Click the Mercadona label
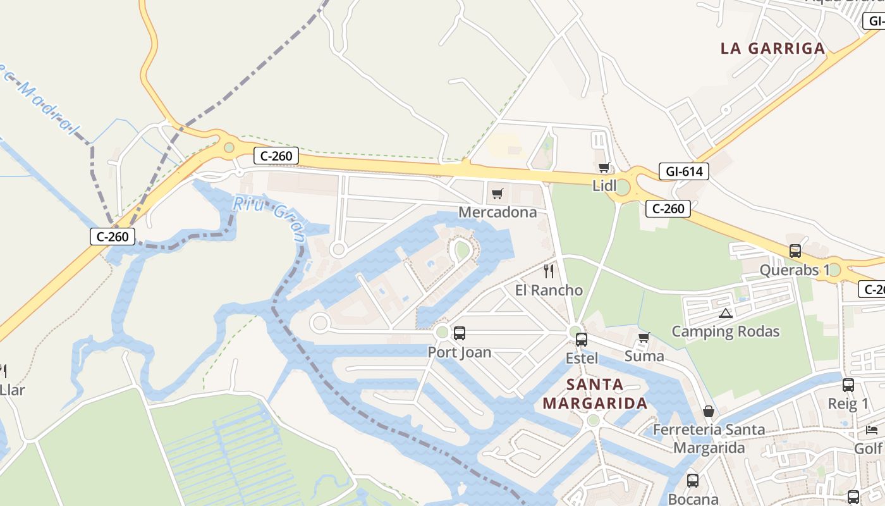coord(497,212)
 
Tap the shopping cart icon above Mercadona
coord(497,194)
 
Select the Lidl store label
coord(604,186)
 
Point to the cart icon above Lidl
coord(604,168)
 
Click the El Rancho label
coord(549,290)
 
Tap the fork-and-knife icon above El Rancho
coord(549,271)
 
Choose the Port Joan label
coord(460,352)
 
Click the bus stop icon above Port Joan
coord(460,333)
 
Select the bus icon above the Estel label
coord(582,339)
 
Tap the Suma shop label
coord(644,356)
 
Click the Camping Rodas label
coord(725,331)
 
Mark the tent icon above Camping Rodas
coord(725,313)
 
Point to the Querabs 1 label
coord(795,270)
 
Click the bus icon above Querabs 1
coord(795,251)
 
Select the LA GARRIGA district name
coord(773,48)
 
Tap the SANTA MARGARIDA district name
coord(594,393)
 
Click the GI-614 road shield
coord(683,171)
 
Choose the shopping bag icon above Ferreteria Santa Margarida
coord(709,411)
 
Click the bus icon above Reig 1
coord(848,385)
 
